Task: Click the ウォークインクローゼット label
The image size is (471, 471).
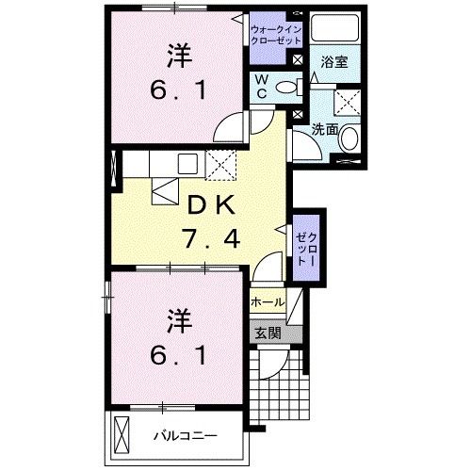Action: pos(275,35)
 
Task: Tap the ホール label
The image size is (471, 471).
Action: pos(268,302)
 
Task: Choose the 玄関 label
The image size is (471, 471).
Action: pos(268,333)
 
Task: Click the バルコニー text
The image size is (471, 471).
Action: pos(187,436)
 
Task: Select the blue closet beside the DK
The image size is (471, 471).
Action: pos(306,247)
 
